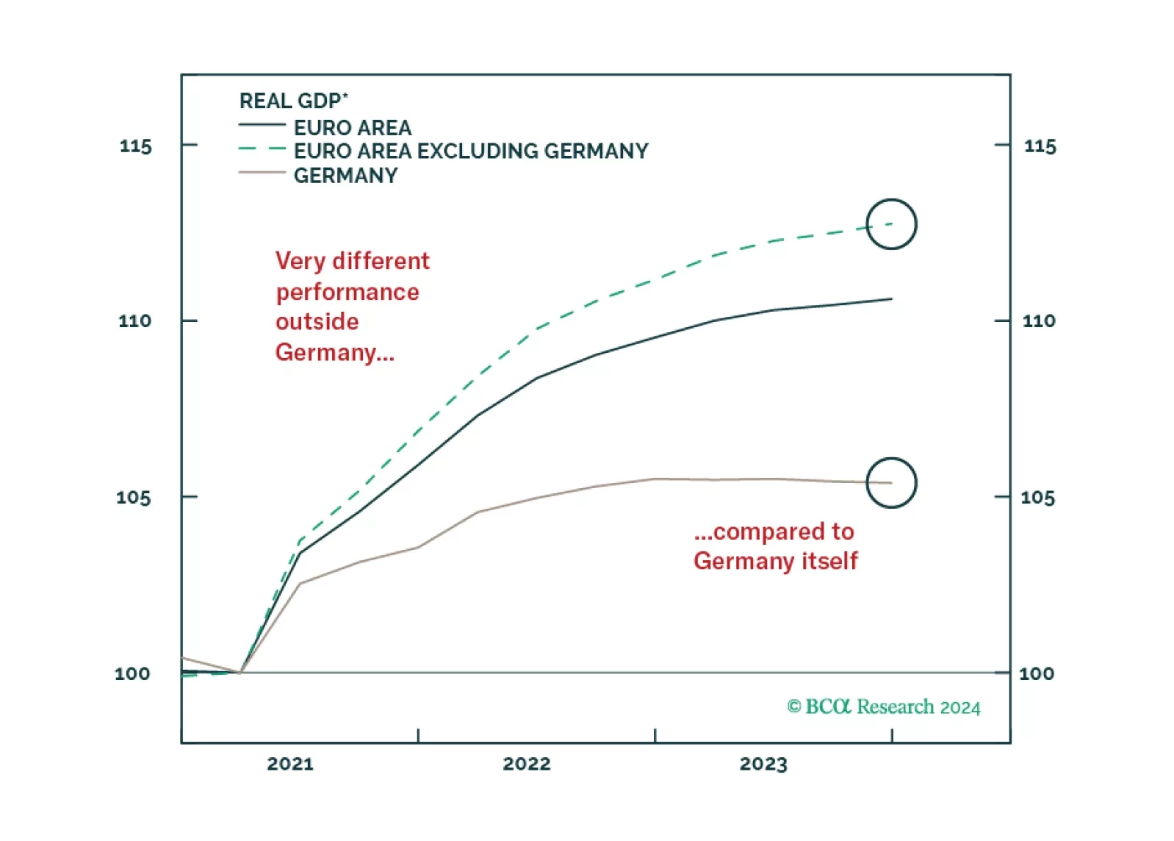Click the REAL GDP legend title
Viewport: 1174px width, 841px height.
(x=293, y=101)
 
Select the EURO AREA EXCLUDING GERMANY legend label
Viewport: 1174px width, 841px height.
(x=471, y=151)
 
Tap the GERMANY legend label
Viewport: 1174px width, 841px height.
(x=345, y=176)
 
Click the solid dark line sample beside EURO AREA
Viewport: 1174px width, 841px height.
(x=262, y=126)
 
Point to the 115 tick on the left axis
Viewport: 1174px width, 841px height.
(x=136, y=146)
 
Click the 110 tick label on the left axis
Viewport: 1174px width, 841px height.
(x=134, y=321)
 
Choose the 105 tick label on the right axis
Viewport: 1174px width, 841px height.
(x=1037, y=498)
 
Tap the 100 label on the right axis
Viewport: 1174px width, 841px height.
(x=1036, y=673)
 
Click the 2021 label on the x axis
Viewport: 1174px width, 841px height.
(x=290, y=764)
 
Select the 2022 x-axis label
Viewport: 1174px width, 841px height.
(x=527, y=764)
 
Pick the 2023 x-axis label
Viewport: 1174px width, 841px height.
(x=763, y=764)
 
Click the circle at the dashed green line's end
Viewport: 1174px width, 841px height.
(x=891, y=224)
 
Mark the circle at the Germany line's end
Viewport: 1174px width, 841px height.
(x=891, y=483)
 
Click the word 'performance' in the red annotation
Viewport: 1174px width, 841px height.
(x=347, y=293)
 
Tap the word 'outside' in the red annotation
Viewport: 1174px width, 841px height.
(x=317, y=321)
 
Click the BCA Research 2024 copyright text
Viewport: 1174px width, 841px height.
(x=884, y=706)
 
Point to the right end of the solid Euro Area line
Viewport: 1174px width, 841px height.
(x=890, y=299)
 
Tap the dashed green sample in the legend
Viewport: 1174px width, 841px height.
(x=262, y=149)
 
